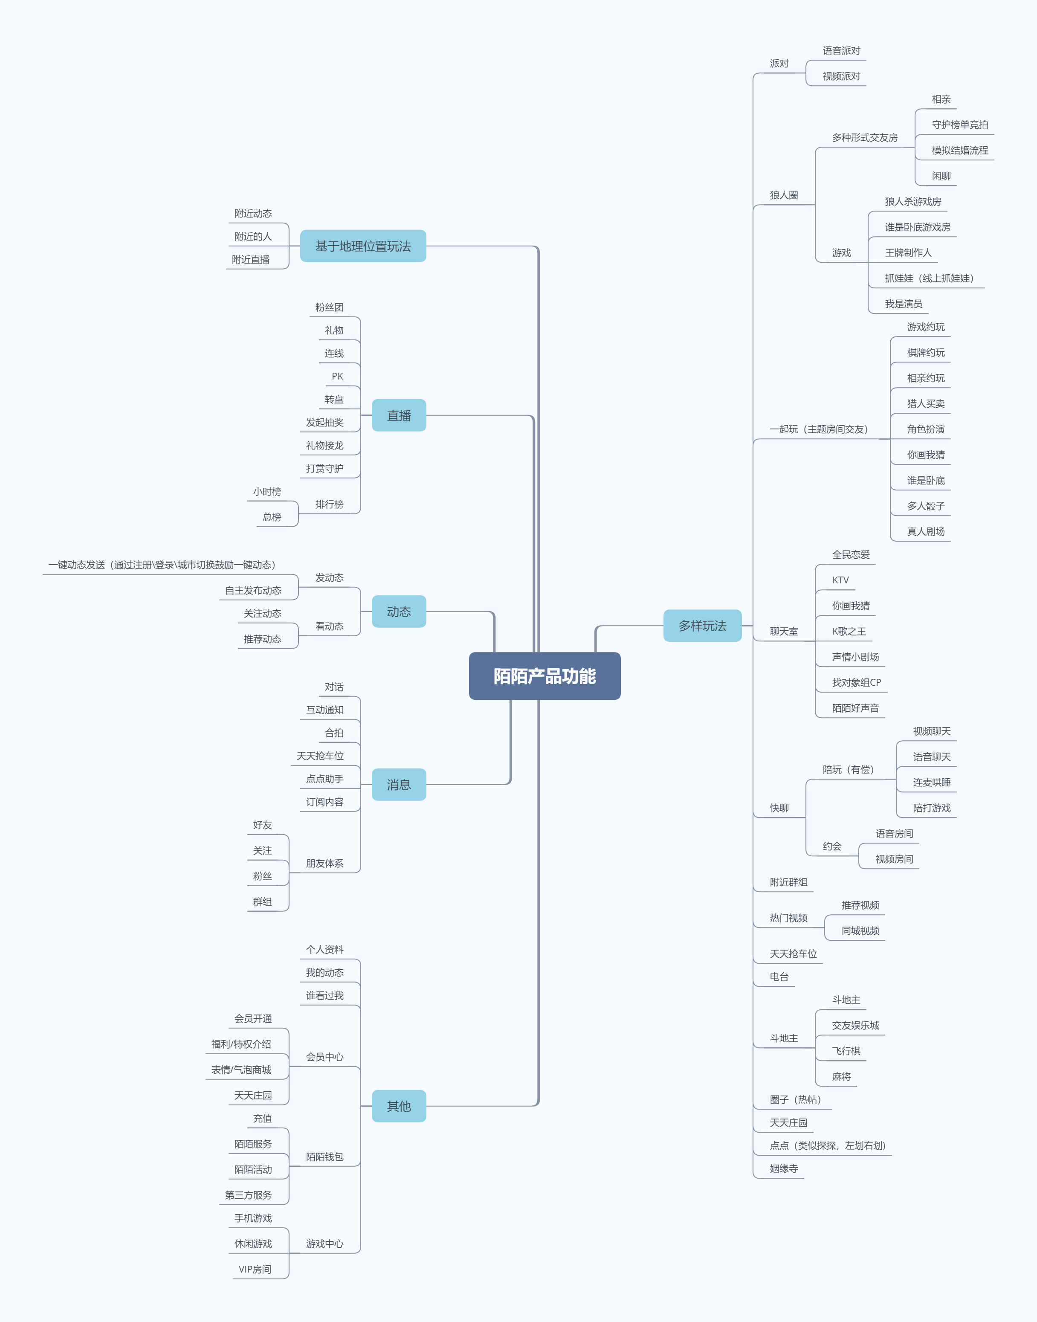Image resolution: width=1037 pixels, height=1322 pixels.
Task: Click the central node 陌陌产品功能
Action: [544, 676]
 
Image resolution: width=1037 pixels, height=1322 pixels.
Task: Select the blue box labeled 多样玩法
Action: [702, 626]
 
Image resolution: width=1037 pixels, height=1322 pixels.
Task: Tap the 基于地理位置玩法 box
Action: [362, 246]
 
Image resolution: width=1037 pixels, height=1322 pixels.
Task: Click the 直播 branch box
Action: [398, 415]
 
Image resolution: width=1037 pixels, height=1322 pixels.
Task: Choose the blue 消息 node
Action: [398, 785]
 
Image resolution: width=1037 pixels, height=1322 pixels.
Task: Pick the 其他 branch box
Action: [398, 1106]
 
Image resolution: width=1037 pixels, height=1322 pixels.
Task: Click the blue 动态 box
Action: [398, 612]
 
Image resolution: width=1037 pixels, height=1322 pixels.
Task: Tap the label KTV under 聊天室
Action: [840, 580]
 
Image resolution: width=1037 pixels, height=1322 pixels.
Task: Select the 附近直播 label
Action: [250, 259]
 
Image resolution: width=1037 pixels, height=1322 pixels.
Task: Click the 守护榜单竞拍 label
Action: [959, 125]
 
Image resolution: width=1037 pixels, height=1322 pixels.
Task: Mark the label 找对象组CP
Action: [856, 683]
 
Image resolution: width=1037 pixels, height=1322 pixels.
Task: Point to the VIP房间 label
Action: [255, 1269]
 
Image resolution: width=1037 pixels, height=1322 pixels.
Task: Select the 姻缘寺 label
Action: [783, 1168]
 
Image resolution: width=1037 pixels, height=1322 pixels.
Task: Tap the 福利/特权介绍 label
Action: [241, 1044]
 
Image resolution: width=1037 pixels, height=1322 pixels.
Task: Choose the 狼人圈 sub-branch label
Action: [783, 195]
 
